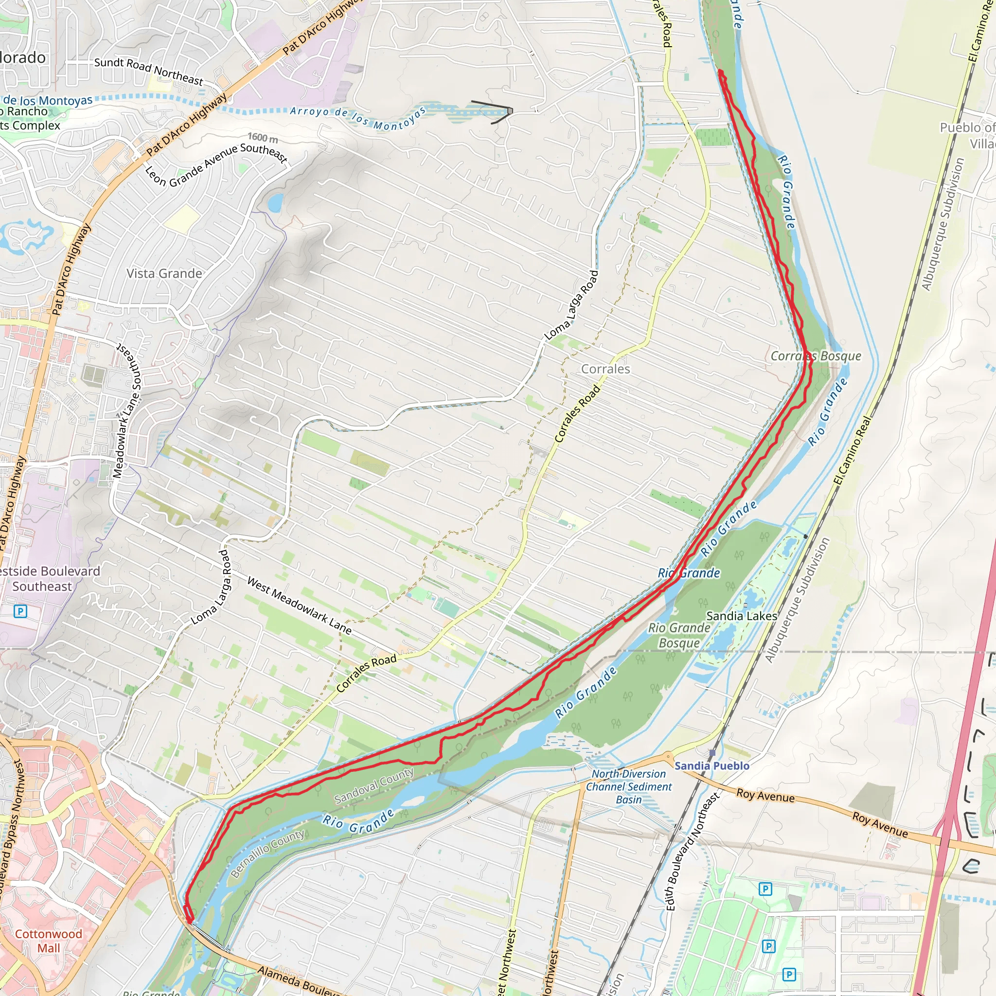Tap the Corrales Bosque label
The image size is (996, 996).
(816, 356)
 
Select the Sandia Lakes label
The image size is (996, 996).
(741, 616)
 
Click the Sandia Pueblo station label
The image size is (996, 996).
(712, 766)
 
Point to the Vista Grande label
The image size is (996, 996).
(164, 274)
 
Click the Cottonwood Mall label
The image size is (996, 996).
(49, 941)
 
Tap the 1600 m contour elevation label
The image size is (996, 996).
(263, 138)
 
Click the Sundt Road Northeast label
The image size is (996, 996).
(148, 71)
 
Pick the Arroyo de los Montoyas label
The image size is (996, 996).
(358, 118)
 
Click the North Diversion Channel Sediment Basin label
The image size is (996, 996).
(629, 787)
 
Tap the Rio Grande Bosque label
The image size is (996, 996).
(679, 635)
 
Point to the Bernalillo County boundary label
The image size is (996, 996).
(267, 854)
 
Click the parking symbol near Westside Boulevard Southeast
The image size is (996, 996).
(20, 611)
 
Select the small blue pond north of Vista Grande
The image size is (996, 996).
(275, 203)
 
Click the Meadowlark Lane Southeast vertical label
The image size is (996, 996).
(128, 410)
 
